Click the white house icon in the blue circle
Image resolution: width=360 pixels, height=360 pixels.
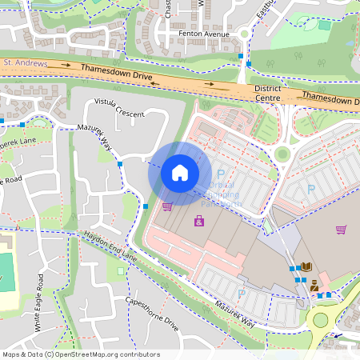pos(179,172)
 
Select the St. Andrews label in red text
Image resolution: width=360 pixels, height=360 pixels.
pos(26,62)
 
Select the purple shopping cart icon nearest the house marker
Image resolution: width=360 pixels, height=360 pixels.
pos(167,206)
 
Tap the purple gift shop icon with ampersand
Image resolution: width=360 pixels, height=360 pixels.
pos(198,221)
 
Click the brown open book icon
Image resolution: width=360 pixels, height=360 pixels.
pos(306,266)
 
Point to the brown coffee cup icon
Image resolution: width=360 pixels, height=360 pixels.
pos(314,284)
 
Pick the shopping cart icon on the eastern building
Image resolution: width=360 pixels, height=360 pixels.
pos(342,230)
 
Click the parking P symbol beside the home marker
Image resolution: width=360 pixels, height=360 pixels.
pos(221,174)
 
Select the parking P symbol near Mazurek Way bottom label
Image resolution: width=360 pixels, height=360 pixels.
pos(240,293)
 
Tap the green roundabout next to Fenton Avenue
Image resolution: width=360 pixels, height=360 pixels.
pos(244,34)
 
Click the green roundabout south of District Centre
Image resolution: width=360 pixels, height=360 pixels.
pos(282,154)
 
